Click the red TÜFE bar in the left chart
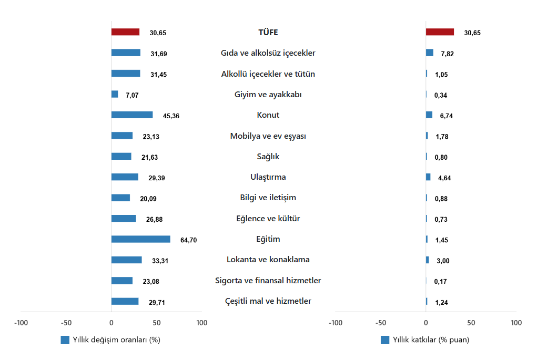pos(125,32)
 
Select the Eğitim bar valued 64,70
pos(140,239)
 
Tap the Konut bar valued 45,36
pos(132,115)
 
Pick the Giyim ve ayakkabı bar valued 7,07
pos(115,94)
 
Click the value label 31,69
pos(158,54)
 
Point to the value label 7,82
pos(447,54)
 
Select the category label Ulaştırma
pos(268,177)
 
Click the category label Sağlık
pos(268,157)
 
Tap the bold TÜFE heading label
pos(268,33)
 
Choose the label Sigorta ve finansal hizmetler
pos(268,281)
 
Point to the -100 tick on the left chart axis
pos(21,323)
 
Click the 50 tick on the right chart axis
pos(471,323)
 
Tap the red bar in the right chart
pos(440,32)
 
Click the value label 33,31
pos(159,261)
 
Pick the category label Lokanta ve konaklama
pos(268,260)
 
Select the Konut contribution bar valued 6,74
pos(429,115)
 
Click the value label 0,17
pos(440,282)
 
